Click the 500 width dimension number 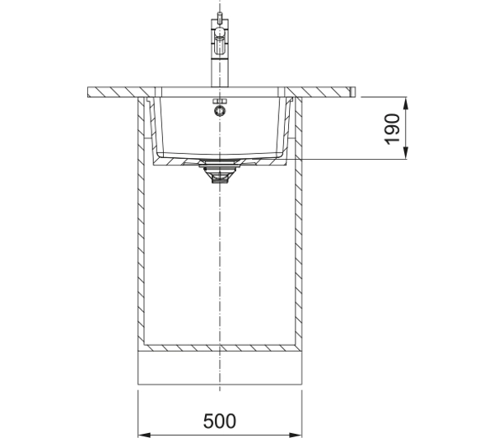pyautogui.click(x=219, y=421)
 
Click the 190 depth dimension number pyautogui.click(x=392, y=129)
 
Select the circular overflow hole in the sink pyautogui.click(x=220, y=110)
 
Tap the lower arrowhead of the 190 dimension pyautogui.click(x=406, y=153)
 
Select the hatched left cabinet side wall pyautogui.click(x=141, y=224)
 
